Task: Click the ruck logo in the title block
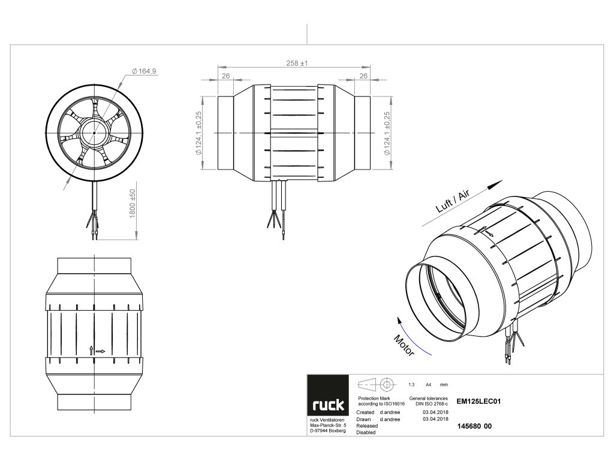click(x=327, y=405)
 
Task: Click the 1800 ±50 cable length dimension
click(x=133, y=204)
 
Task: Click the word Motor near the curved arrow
click(x=404, y=346)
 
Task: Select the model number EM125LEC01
click(x=478, y=402)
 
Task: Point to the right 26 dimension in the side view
click(x=363, y=75)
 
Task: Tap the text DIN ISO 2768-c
click(x=429, y=405)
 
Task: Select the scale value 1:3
click(x=411, y=384)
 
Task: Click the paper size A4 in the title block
click(x=428, y=384)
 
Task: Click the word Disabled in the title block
click(x=366, y=432)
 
